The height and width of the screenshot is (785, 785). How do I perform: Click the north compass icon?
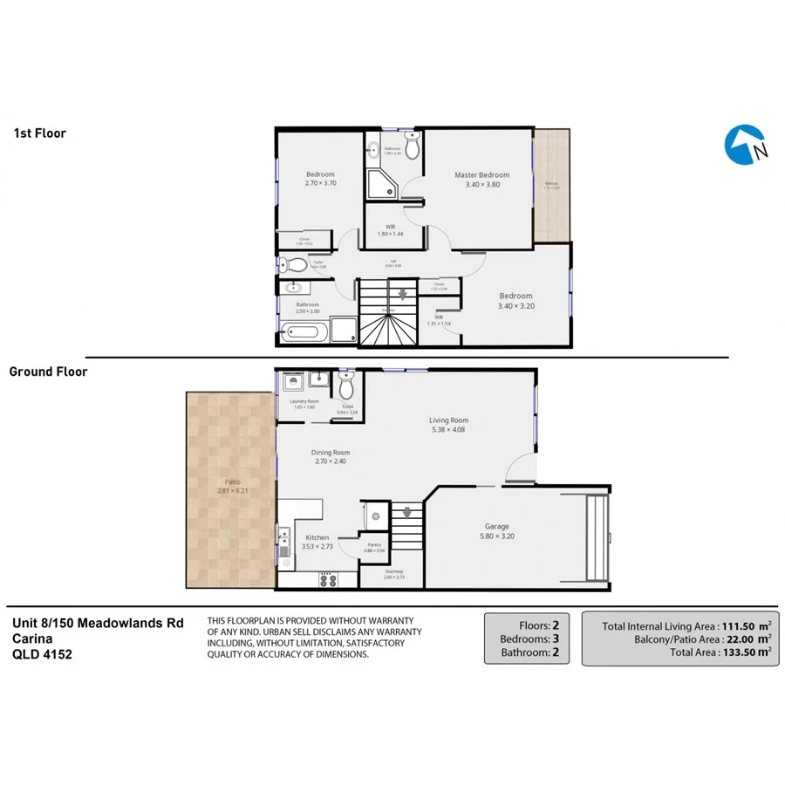[746, 146]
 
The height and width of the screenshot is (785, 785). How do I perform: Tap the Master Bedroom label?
[481, 175]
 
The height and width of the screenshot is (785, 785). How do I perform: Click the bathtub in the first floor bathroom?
[304, 332]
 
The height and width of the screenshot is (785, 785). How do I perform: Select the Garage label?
[497, 526]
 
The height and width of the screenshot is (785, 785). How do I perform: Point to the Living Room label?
[449, 420]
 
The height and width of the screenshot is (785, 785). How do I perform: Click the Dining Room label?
[331, 453]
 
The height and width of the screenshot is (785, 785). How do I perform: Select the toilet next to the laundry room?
[347, 385]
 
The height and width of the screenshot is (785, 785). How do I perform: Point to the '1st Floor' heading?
[39, 133]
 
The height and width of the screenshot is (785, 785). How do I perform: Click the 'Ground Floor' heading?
[48, 372]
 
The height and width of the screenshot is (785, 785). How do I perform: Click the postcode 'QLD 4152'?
[42, 653]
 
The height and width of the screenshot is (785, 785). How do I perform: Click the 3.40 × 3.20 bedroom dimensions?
[515, 306]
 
